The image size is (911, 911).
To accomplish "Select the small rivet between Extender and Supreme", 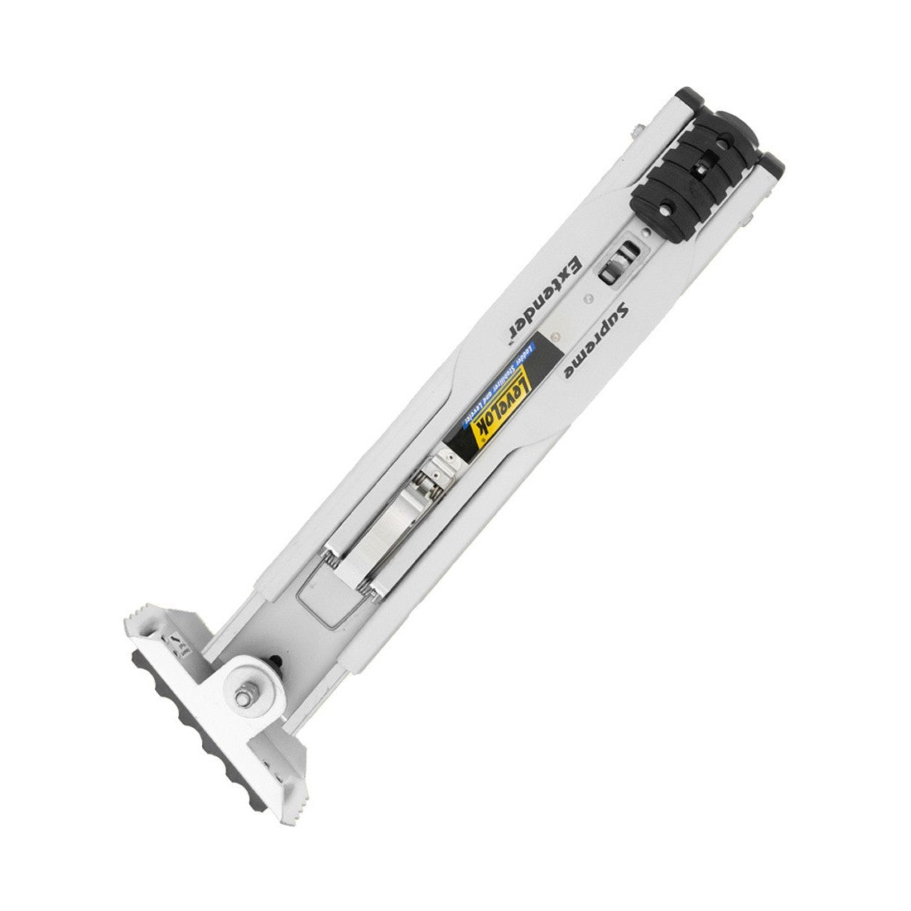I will pos(557,335).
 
